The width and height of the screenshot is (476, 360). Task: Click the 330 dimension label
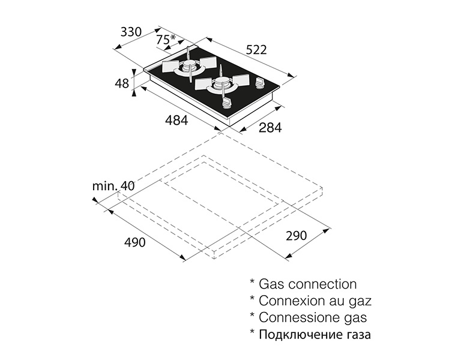coord(131,32)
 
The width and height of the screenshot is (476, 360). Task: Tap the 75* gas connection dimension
coord(166,39)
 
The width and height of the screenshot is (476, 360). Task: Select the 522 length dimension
coord(256,50)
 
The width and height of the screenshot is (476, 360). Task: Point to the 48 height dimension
coord(122,83)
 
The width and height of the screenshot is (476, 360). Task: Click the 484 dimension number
coord(176,121)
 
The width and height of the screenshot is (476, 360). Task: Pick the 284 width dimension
coord(270,128)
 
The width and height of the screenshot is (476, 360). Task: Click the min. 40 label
coord(113,186)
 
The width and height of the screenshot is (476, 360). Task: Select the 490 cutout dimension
coord(135,242)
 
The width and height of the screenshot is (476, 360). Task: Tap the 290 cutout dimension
coord(297,235)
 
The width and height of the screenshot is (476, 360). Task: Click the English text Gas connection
coord(307,284)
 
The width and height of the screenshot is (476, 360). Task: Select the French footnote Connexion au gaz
coord(315,301)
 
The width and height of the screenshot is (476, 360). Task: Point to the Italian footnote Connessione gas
coord(313,317)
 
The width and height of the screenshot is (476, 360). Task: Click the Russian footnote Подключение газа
coord(315,335)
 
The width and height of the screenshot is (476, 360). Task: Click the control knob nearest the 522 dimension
coord(259,83)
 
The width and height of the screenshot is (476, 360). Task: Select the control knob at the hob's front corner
coord(226,103)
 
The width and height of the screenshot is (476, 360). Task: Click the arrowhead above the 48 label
coord(134,71)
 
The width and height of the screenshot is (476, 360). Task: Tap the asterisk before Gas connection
coord(252,281)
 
